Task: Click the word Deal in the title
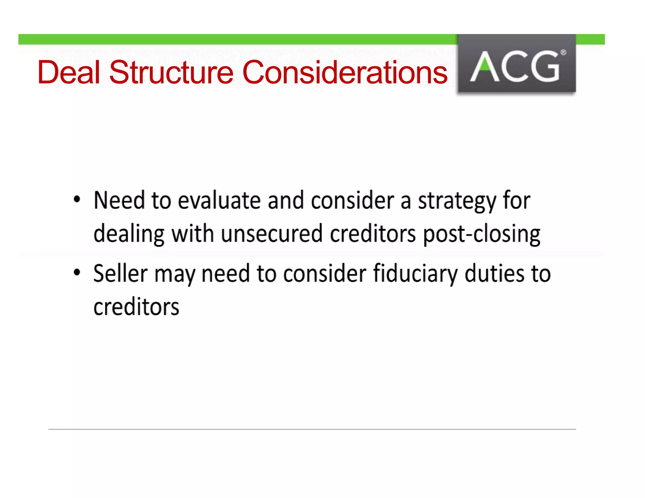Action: pos(69,72)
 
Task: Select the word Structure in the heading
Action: pos(171,72)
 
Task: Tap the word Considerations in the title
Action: pos(345,72)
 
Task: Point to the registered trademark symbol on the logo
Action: pos(563,53)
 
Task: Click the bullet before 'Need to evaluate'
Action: pos(77,200)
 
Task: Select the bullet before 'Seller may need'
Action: pos(77,272)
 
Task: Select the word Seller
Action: pos(120,273)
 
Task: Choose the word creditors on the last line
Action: pos(136,307)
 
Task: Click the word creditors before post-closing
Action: pos(373,234)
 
